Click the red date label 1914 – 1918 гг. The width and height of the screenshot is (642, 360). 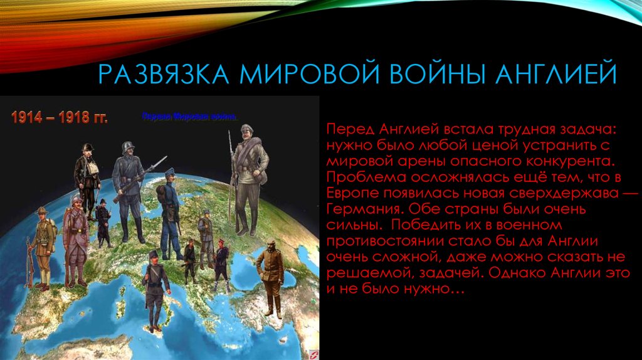point(58,118)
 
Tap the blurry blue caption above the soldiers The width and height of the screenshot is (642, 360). point(189,117)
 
